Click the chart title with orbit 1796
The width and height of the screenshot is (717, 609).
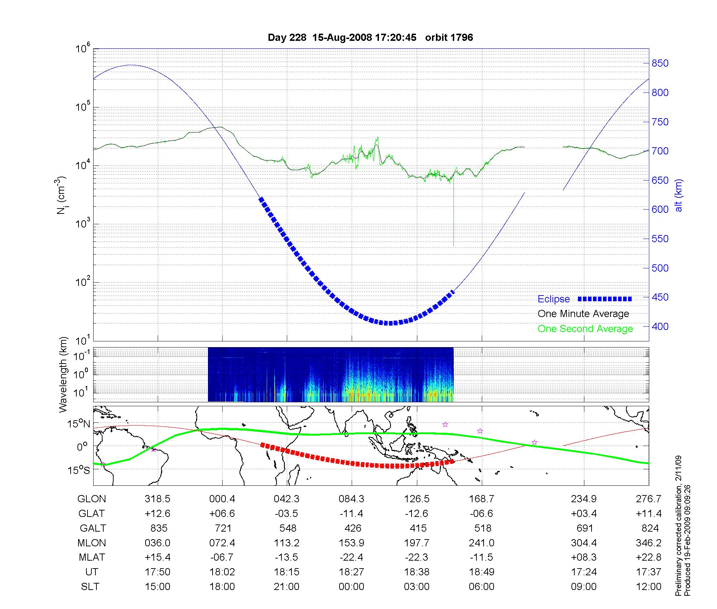pyautogui.click(x=370, y=38)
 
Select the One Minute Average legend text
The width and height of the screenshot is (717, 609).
pyautogui.click(x=583, y=314)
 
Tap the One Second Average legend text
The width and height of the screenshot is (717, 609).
pyautogui.click(x=585, y=329)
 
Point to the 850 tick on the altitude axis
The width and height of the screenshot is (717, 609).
pyautogui.click(x=660, y=63)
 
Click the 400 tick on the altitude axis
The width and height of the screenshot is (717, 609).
pyautogui.click(x=660, y=326)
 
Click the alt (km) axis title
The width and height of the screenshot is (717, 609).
pyautogui.click(x=679, y=196)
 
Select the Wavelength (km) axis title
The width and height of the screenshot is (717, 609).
pyautogui.click(x=63, y=375)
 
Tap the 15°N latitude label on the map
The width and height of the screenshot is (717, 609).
pyautogui.click(x=79, y=424)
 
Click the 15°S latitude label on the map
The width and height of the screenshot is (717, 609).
pyautogui.click(x=79, y=470)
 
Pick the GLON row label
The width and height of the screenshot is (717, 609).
pyautogui.click(x=91, y=499)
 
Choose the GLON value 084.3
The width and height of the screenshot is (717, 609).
pyautogui.click(x=351, y=499)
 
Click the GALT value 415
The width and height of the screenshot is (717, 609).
pyautogui.click(x=418, y=528)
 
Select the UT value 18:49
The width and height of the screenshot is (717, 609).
pyautogui.click(x=481, y=572)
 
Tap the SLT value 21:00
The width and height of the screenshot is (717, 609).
pyautogui.click(x=286, y=587)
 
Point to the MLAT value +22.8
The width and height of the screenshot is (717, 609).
pyautogui.click(x=649, y=557)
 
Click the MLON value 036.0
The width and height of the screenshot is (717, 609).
pyautogui.click(x=157, y=543)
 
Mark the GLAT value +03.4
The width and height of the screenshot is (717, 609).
pyautogui.click(x=584, y=514)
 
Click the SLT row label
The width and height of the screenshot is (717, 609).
pyautogui.click(x=90, y=587)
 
